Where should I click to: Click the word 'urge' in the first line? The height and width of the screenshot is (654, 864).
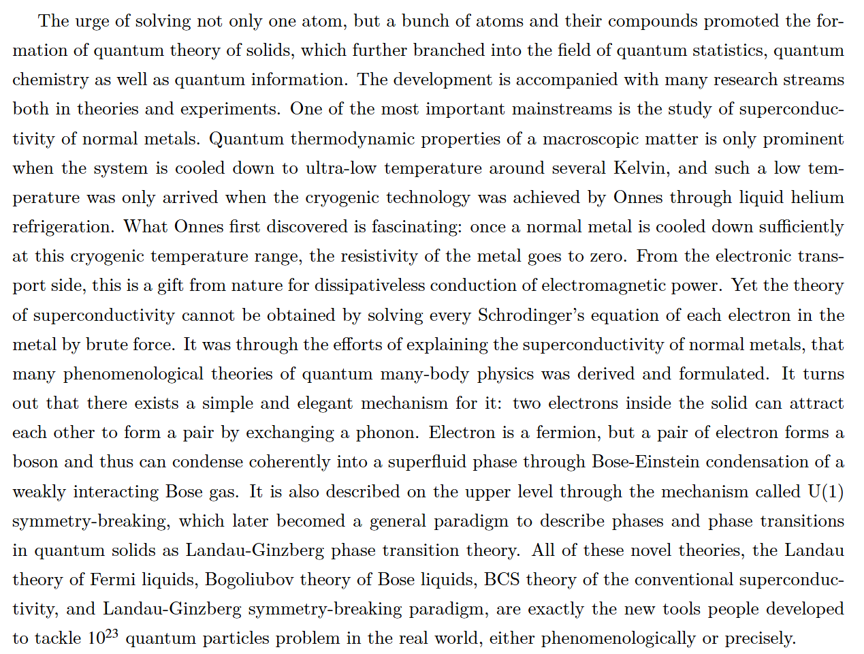click(x=92, y=22)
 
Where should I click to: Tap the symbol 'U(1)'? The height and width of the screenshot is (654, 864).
click(x=825, y=491)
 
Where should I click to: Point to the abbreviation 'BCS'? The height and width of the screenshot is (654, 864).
click(x=502, y=580)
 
